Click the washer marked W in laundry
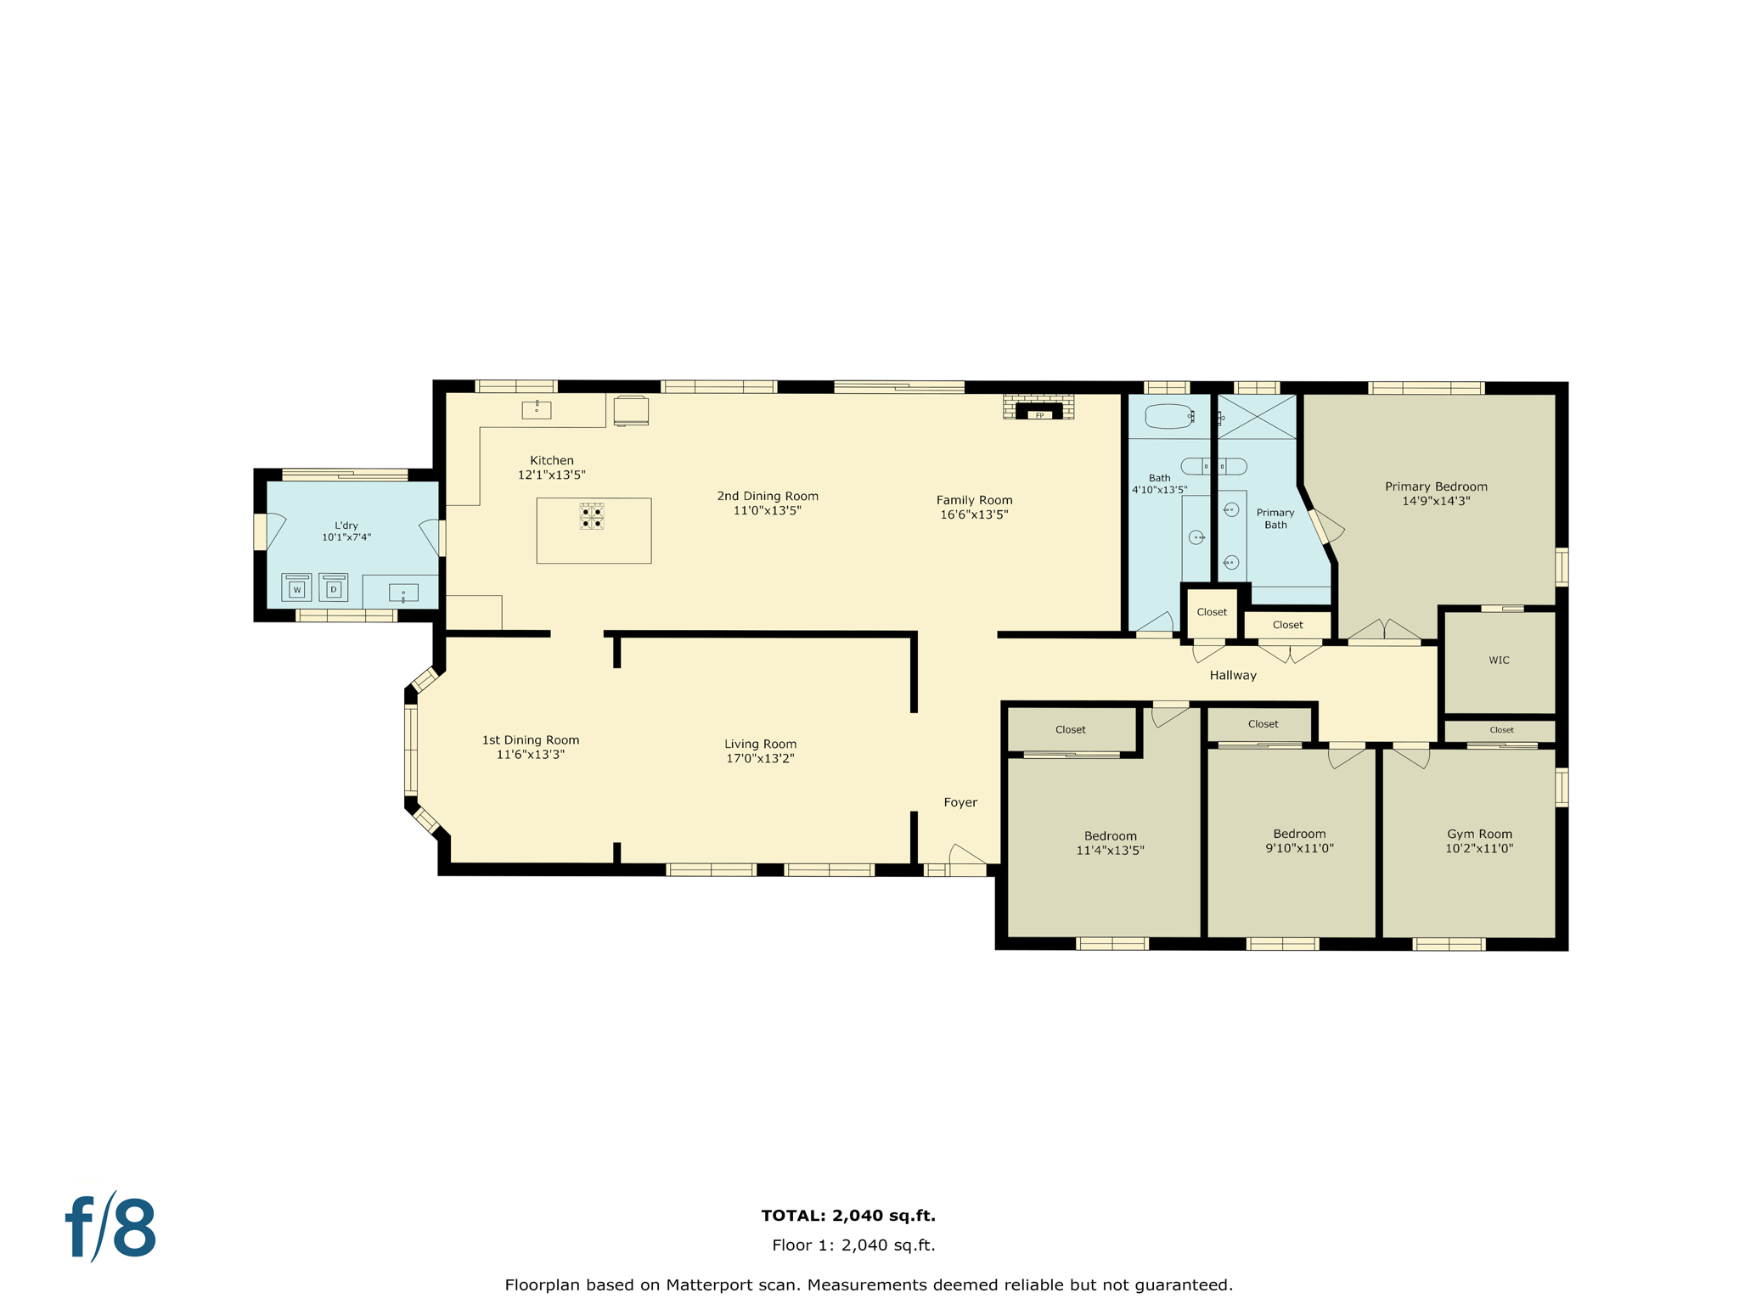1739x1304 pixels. tap(296, 587)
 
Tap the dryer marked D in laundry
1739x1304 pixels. tap(334, 587)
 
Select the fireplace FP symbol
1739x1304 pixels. tap(1038, 413)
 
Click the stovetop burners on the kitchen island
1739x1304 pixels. tap(592, 516)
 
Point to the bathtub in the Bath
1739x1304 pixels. tap(1168, 416)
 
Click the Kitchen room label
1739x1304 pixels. tap(552, 460)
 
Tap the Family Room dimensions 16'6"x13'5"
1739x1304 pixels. tap(974, 514)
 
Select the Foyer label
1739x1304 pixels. tap(960, 802)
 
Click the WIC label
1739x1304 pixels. tap(1499, 660)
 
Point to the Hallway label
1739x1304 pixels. tap(1233, 675)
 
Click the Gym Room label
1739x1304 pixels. tap(1479, 834)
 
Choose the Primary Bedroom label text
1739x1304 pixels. tap(1436, 486)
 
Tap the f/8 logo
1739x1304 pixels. tap(111, 1228)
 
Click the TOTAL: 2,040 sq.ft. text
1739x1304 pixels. tap(848, 1215)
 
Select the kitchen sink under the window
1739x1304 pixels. tap(537, 410)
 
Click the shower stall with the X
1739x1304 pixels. tap(1257, 417)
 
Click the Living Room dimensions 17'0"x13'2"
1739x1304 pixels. tap(760, 758)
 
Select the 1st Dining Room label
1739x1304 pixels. tap(531, 740)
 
